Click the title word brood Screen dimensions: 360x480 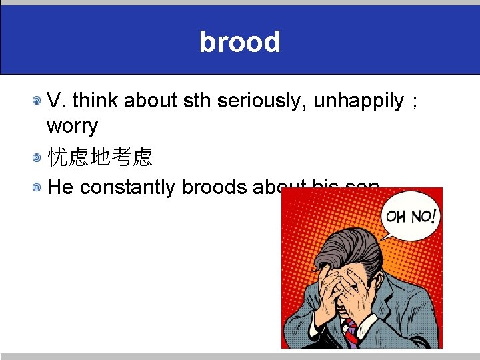click(x=239, y=42)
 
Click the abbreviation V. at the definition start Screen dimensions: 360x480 click(x=57, y=101)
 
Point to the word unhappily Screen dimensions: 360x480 click(x=359, y=101)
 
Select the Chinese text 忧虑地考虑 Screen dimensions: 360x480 click(x=101, y=157)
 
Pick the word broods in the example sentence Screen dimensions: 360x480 click(x=214, y=187)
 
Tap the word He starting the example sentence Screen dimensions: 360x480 click(x=61, y=187)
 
